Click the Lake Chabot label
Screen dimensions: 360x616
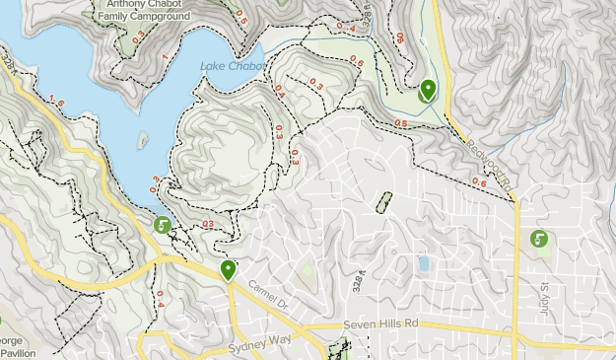tap(232, 66)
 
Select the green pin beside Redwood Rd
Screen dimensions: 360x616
tap(427, 91)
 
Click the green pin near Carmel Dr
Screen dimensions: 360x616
tap(229, 270)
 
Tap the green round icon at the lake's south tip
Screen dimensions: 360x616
tap(163, 226)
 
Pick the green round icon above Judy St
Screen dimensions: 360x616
tap(539, 239)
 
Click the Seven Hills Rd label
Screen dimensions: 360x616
tap(381, 324)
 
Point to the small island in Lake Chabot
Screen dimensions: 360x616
tap(144, 140)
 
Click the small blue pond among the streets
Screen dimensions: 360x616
tap(424, 264)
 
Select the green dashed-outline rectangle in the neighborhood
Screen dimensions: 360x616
tap(382, 201)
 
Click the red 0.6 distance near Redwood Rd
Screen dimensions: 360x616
tap(479, 181)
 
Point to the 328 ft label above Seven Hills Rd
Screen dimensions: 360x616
tap(362, 282)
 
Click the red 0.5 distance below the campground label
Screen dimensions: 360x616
tap(241, 17)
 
